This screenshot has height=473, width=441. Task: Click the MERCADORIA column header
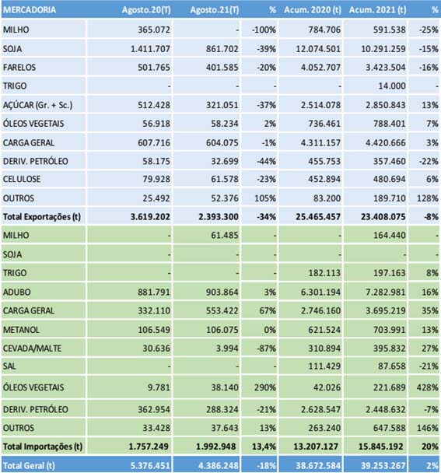tap(30, 10)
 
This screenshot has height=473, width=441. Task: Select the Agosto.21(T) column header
tap(215, 10)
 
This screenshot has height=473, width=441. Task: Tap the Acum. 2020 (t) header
tap(313, 10)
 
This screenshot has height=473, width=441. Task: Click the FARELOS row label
tap(19, 67)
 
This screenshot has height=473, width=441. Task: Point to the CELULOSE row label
tap(22, 179)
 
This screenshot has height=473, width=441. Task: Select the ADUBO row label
tap(17, 292)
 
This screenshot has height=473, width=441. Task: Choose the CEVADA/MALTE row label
tap(32, 349)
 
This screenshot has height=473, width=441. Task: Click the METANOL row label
tap(21, 330)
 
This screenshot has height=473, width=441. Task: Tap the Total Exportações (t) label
tap(42, 216)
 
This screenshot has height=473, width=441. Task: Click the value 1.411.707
tap(150, 48)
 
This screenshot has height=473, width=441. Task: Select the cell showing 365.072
tap(154, 30)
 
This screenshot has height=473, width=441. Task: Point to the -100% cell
tap(264, 30)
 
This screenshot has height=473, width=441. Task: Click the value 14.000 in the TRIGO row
tap(392, 86)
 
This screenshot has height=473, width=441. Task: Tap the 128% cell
tap(428, 198)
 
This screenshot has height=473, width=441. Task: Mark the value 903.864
tap(222, 292)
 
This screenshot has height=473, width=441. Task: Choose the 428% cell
tap(428, 387)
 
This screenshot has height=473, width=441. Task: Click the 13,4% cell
tap(264, 447)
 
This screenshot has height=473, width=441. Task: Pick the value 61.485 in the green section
tap(225, 235)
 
